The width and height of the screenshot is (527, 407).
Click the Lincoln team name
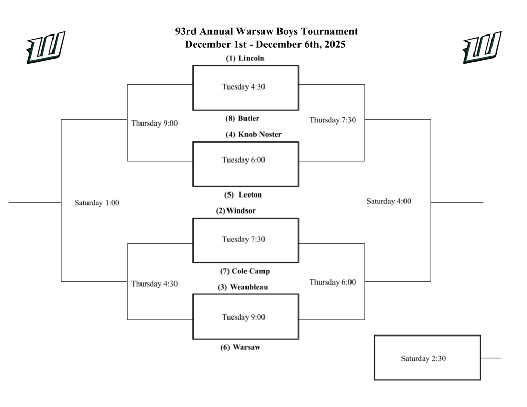pyautogui.click(x=251, y=58)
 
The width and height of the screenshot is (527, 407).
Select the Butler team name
pyautogui.click(x=249, y=118)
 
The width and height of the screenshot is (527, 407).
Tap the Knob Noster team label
pyautogui.click(x=259, y=134)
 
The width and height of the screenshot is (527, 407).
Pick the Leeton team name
pyautogui.click(x=250, y=194)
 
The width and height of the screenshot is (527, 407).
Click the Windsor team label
pyautogui.click(x=241, y=210)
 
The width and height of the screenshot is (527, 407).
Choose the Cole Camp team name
pyautogui.click(x=251, y=271)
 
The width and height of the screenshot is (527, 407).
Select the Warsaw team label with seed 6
pyautogui.click(x=246, y=347)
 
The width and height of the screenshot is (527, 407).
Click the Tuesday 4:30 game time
pyautogui.click(x=243, y=86)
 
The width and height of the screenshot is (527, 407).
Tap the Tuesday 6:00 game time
pyautogui.click(x=243, y=160)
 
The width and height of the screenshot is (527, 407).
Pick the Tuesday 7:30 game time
pyautogui.click(x=243, y=239)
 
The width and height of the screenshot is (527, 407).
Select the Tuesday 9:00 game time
pyautogui.click(x=243, y=317)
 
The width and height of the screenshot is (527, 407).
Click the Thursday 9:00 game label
pyautogui.click(x=154, y=123)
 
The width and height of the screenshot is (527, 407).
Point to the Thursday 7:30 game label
pyautogui.click(x=332, y=120)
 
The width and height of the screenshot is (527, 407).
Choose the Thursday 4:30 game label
pyautogui.click(x=154, y=284)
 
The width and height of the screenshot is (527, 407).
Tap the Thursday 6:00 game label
pyautogui.click(x=332, y=282)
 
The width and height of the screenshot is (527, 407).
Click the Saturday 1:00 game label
pyautogui.click(x=97, y=203)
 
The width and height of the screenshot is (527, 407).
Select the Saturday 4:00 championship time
pyautogui.click(x=389, y=201)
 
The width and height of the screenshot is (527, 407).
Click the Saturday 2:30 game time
pyautogui.click(x=423, y=358)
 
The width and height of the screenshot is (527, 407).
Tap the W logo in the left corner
pyautogui.click(x=46, y=47)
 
